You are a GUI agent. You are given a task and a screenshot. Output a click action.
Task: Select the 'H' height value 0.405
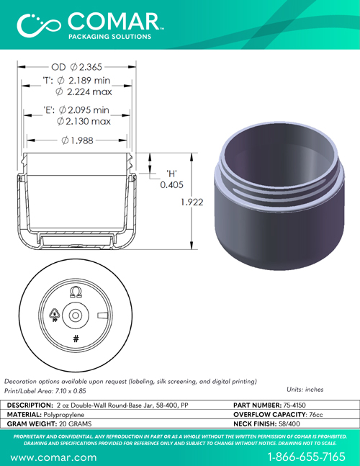click(171, 185)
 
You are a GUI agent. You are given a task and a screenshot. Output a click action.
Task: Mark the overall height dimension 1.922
click(192, 202)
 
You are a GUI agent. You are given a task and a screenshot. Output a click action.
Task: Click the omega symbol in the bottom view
click(76, 292)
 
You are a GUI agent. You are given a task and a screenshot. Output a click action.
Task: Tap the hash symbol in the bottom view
click(76, 339)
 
